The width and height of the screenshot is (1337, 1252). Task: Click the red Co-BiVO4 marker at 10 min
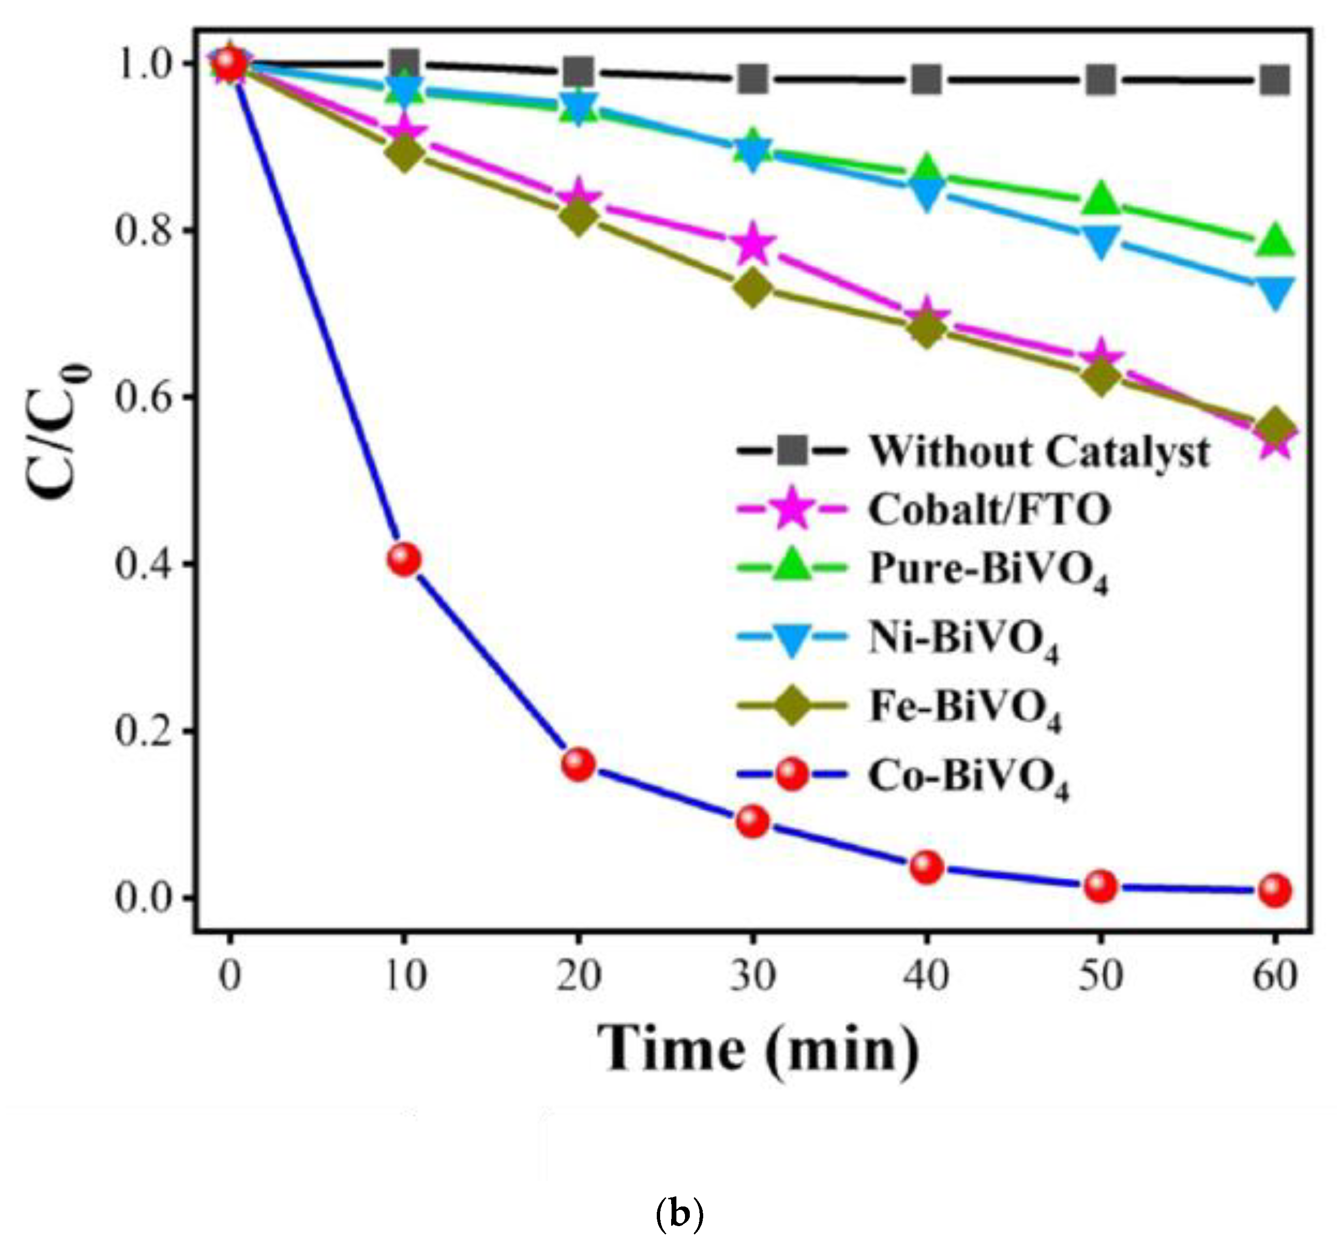404,559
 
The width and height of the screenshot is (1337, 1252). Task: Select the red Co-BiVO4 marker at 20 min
578,764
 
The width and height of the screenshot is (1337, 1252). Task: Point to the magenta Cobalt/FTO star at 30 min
753,245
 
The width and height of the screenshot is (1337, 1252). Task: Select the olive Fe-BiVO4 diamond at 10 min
404,154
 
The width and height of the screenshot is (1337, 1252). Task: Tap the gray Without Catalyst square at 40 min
927,80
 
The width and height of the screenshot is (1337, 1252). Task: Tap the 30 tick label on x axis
753,976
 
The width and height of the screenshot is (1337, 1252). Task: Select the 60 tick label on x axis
1274,976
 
